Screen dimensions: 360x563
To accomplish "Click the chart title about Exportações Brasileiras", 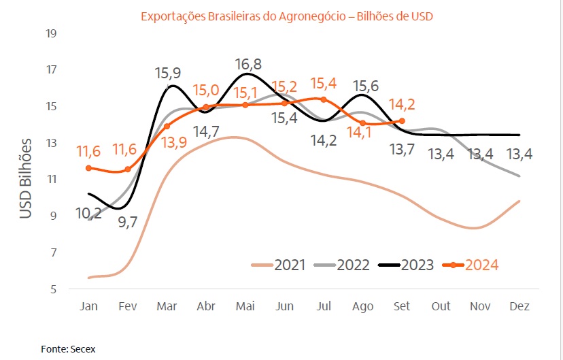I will pyautogui.click(x=286, y=16).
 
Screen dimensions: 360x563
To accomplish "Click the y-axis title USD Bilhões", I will pyautogui.click(x=25, y=178).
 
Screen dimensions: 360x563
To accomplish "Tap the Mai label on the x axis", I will pyautogui.click(x=245, y=306).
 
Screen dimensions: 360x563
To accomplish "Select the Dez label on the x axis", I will pyautogui.click(x=519, y=306).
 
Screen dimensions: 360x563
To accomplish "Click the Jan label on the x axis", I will pyautogui.click(x=88, y=306).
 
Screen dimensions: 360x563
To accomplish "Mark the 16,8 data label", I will pyautogui.click(x=248, y=65).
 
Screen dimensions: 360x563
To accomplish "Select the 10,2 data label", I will pyautogui.click(x=89, y=214).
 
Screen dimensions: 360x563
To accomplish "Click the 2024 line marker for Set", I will pyautogui.click(x=403, y=121).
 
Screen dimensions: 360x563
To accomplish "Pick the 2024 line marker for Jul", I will pyautogui.click(x=324, y=99).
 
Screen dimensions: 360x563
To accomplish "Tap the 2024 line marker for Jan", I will pyautogui.click(x=88, y=168).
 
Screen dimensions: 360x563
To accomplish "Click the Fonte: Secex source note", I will pyautogui.click(x=68, y=349).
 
